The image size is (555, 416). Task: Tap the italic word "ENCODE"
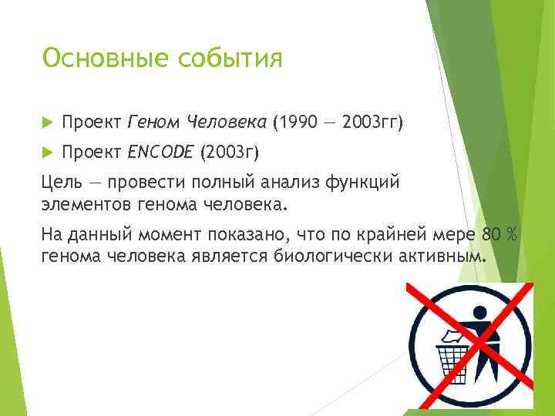pyautogui.click(x=161, y=153)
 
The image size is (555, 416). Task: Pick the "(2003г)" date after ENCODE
pyautogui.click(x=229, y=153)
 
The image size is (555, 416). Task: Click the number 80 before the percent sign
pyautogui.click(x=489, y=234)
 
